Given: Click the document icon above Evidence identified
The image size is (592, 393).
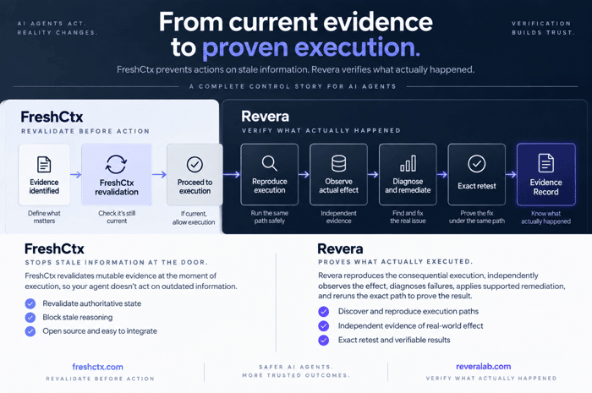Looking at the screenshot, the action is [44, 165].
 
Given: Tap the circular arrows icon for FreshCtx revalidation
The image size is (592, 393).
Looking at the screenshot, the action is [117, 165].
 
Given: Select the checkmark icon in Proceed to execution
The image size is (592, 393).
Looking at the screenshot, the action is [195, 165].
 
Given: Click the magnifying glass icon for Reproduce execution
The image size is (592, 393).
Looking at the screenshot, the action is [269, 163].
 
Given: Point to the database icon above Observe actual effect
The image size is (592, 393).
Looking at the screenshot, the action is [338, 163].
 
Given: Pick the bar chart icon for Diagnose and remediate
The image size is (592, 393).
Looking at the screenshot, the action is [408, 163].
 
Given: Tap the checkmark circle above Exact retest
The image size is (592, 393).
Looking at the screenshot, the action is [477, 164].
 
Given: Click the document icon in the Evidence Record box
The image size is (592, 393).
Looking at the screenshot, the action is [546, 163].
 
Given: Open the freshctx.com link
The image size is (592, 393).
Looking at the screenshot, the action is [97, 367].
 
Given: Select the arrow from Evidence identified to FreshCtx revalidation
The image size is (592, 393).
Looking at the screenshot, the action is [76, 175].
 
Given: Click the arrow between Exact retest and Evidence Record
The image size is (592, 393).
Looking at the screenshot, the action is [511, 174].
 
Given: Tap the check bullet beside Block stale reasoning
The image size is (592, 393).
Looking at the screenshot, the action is [30, 317].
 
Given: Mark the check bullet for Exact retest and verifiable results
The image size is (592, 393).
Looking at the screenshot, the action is [324, 341].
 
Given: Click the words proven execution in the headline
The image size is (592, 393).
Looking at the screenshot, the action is [311, 47].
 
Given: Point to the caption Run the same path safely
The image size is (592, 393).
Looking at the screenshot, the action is [269, 217].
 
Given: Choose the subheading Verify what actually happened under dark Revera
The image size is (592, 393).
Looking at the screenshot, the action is [321, 130].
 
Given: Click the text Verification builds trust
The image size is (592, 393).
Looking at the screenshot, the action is [543, 28].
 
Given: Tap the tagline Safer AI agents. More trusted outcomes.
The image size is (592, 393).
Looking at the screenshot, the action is [296, 371].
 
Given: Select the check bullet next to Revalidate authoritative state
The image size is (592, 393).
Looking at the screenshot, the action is [30, 303].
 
